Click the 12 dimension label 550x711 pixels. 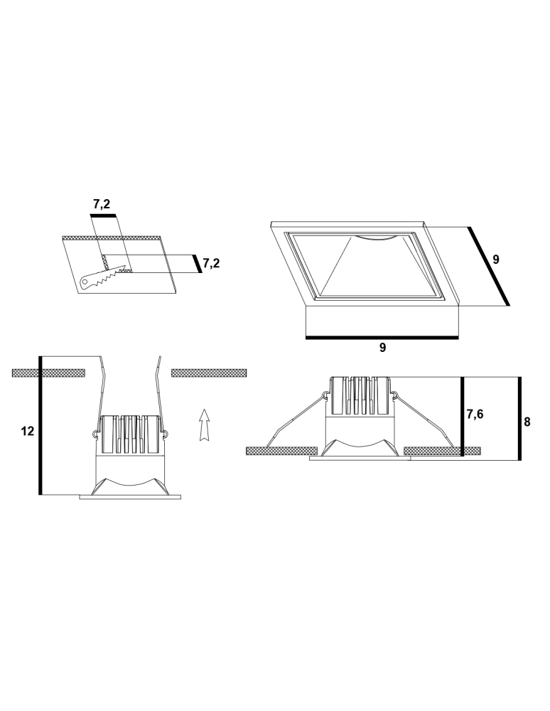28,431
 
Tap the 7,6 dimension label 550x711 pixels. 475,415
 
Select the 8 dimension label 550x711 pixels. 527,421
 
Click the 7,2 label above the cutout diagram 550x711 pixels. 102,205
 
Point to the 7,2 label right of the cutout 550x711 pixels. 211,263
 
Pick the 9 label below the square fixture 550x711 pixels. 382,348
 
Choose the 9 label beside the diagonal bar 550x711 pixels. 496,260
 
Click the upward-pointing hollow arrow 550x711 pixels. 205,425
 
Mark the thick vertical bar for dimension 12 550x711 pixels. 41,424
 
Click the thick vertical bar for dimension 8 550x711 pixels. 519,418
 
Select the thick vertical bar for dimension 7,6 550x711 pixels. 463,416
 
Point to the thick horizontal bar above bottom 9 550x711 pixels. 382,338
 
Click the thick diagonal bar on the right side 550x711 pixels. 489,266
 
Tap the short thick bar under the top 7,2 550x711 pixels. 103,213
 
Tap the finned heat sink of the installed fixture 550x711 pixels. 360,395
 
